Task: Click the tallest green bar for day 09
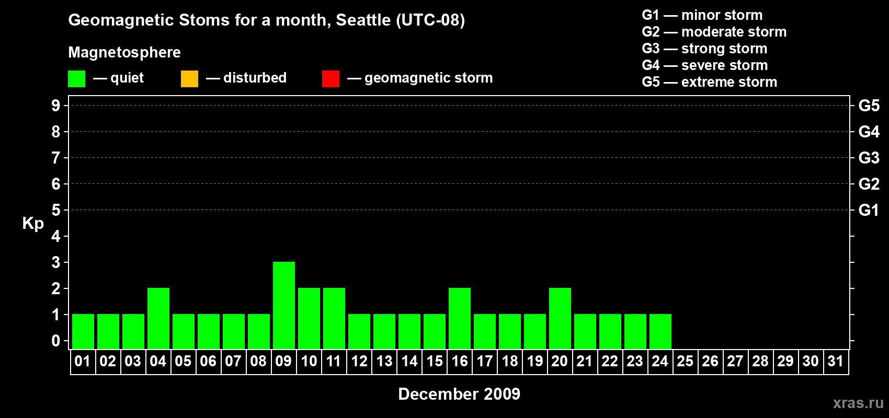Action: click(284, 305)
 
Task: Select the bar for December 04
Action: click(158, 318)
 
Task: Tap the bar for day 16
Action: click(460, 318)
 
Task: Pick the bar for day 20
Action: click(560, 318)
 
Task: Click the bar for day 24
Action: click(660, 332)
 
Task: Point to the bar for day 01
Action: click(83, 332)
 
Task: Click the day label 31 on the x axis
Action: click(836, 361)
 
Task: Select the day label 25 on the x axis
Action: click(685, 361)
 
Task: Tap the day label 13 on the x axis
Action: click(384, 361)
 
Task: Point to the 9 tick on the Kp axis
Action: click(55, 106)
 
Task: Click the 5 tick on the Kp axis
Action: click(55, 210)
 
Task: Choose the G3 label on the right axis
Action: click(869, 158)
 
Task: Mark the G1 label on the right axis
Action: click(869, 210)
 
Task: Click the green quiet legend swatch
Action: click(76, 78)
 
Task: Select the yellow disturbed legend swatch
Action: click(189, 78)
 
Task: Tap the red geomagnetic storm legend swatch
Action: click(331, 78)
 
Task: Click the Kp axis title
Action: click(33, 224)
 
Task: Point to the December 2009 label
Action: click(459, 394)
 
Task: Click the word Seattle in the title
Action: click(363, 20)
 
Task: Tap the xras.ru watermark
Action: click(859, 403)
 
